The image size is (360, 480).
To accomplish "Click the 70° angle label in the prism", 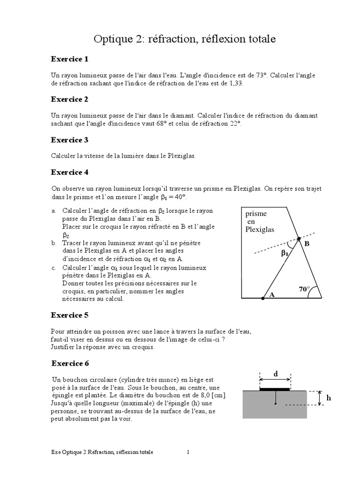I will point(305,290).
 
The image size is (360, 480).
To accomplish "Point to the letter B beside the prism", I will point(307,244).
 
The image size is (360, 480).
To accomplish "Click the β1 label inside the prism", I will point(285,254).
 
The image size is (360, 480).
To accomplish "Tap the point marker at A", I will point(263,298).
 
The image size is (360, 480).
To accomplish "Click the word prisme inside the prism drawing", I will point(256,214).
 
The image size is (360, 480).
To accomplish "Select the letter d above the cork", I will point(275,374).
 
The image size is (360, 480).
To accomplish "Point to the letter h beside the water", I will point(329,397).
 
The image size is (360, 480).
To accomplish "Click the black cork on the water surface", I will point(275,389).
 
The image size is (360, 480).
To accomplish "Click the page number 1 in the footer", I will point(188,452).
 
